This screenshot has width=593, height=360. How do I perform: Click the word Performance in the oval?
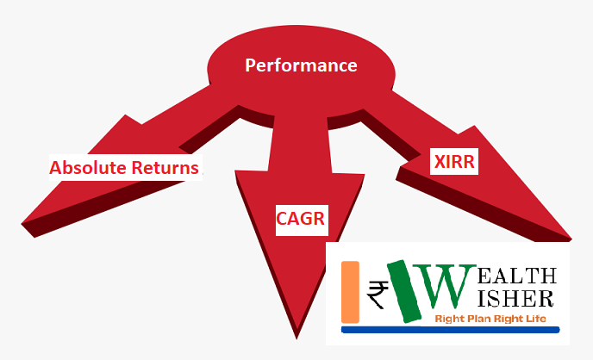[301, 65]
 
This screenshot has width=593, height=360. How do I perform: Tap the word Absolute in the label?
[88, 167]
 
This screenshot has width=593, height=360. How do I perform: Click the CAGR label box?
[302, 220]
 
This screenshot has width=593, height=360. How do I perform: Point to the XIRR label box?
[454, 161]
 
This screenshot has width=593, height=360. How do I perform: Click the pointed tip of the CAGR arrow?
[296, 338]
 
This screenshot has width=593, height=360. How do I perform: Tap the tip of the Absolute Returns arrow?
[22, 224]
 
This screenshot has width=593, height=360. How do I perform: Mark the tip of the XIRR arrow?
[571, 239]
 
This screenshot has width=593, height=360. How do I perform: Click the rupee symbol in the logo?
[378, 295]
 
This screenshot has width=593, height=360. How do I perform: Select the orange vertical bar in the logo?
[350, 292]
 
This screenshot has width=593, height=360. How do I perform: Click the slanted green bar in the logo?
[404, 291]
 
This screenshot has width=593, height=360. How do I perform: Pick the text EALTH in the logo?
[517, 276]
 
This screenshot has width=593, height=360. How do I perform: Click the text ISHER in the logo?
[515, 299]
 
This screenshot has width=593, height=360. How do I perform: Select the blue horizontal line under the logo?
[451, 330]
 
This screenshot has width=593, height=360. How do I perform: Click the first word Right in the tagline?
[450, 320]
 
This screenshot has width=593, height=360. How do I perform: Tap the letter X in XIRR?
[440, 162]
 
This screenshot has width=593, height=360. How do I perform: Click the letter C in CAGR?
[282, 219]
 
